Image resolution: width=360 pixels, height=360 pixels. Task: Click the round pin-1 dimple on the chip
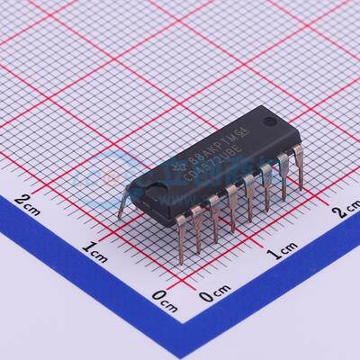point(269,121)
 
